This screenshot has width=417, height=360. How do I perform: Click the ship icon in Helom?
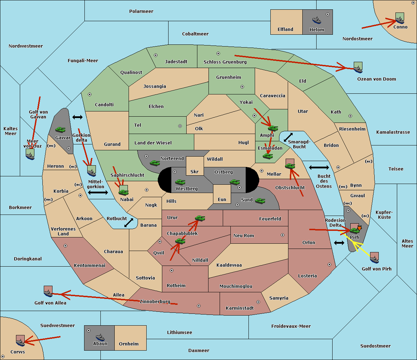click(317, 20)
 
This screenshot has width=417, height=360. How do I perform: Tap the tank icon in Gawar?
click(60, 129)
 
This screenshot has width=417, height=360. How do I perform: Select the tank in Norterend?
click(155, 163)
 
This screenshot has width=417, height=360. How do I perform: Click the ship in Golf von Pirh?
click(375, 259)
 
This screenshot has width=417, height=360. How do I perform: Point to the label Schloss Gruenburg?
click(225, 62)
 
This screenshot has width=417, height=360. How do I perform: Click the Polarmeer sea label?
click(141, 11)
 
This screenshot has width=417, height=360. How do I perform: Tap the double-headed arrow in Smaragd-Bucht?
click(288, 137)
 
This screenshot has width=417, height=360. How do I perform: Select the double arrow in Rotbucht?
click(129, 223)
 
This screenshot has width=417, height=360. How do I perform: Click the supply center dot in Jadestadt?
click(156, 55)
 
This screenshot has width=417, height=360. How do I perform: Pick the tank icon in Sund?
click(260, 201)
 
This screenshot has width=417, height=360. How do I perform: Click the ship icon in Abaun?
click(100, 337)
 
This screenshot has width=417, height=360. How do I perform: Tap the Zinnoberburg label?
click(155, 301)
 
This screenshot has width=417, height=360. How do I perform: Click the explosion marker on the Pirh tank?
click(359, 228)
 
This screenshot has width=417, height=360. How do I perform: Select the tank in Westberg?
click(180, 182)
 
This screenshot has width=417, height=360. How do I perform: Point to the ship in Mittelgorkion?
click(91, 173)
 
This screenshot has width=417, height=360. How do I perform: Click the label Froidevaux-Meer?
click(291, 326)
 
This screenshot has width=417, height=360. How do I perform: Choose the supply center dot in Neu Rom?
click(283, 235)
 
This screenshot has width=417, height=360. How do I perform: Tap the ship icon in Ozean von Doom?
click(358, 69)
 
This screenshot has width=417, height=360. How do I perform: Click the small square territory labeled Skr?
click(195, 166)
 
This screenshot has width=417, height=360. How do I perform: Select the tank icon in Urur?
click(200, 218)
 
